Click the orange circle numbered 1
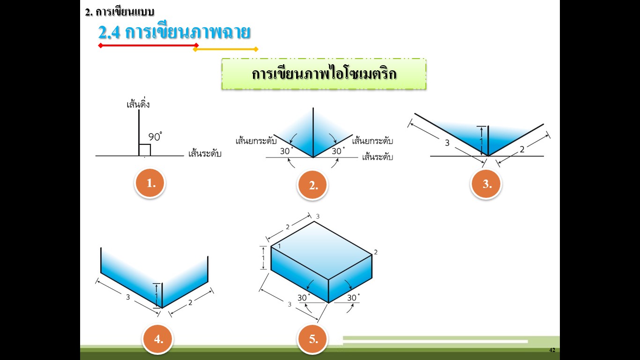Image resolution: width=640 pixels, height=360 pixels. click(x=151, y=183)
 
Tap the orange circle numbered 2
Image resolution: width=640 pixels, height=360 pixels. click(x=313, y=185)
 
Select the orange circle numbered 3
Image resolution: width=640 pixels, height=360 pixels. click(x=487, y=184)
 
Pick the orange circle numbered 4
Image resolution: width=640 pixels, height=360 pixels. click(x=158, y=339)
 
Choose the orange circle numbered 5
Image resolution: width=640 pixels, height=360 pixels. click(x=313, y=339)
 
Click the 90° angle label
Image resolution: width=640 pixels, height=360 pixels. click(x=155, y=137)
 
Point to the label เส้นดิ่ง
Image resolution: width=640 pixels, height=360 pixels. click(x=138, y=104)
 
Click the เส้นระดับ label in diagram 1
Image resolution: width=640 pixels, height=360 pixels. click(x=204, y=154)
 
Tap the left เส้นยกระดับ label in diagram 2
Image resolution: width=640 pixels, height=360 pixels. click(x=256, y=141)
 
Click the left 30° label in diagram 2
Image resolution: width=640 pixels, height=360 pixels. click(x=286, y=151)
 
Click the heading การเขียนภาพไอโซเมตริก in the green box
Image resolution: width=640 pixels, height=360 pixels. click(x=324, y=74)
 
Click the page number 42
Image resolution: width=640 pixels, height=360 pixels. click(x=552, y=350)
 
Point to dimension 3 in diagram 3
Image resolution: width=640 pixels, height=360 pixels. click(x=447, y=143)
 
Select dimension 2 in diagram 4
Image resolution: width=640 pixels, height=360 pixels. click(x=190, y=303)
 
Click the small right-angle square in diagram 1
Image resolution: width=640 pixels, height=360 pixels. click(x=145, y=150)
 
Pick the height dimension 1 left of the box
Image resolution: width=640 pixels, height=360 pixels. click(x=263, y=258)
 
